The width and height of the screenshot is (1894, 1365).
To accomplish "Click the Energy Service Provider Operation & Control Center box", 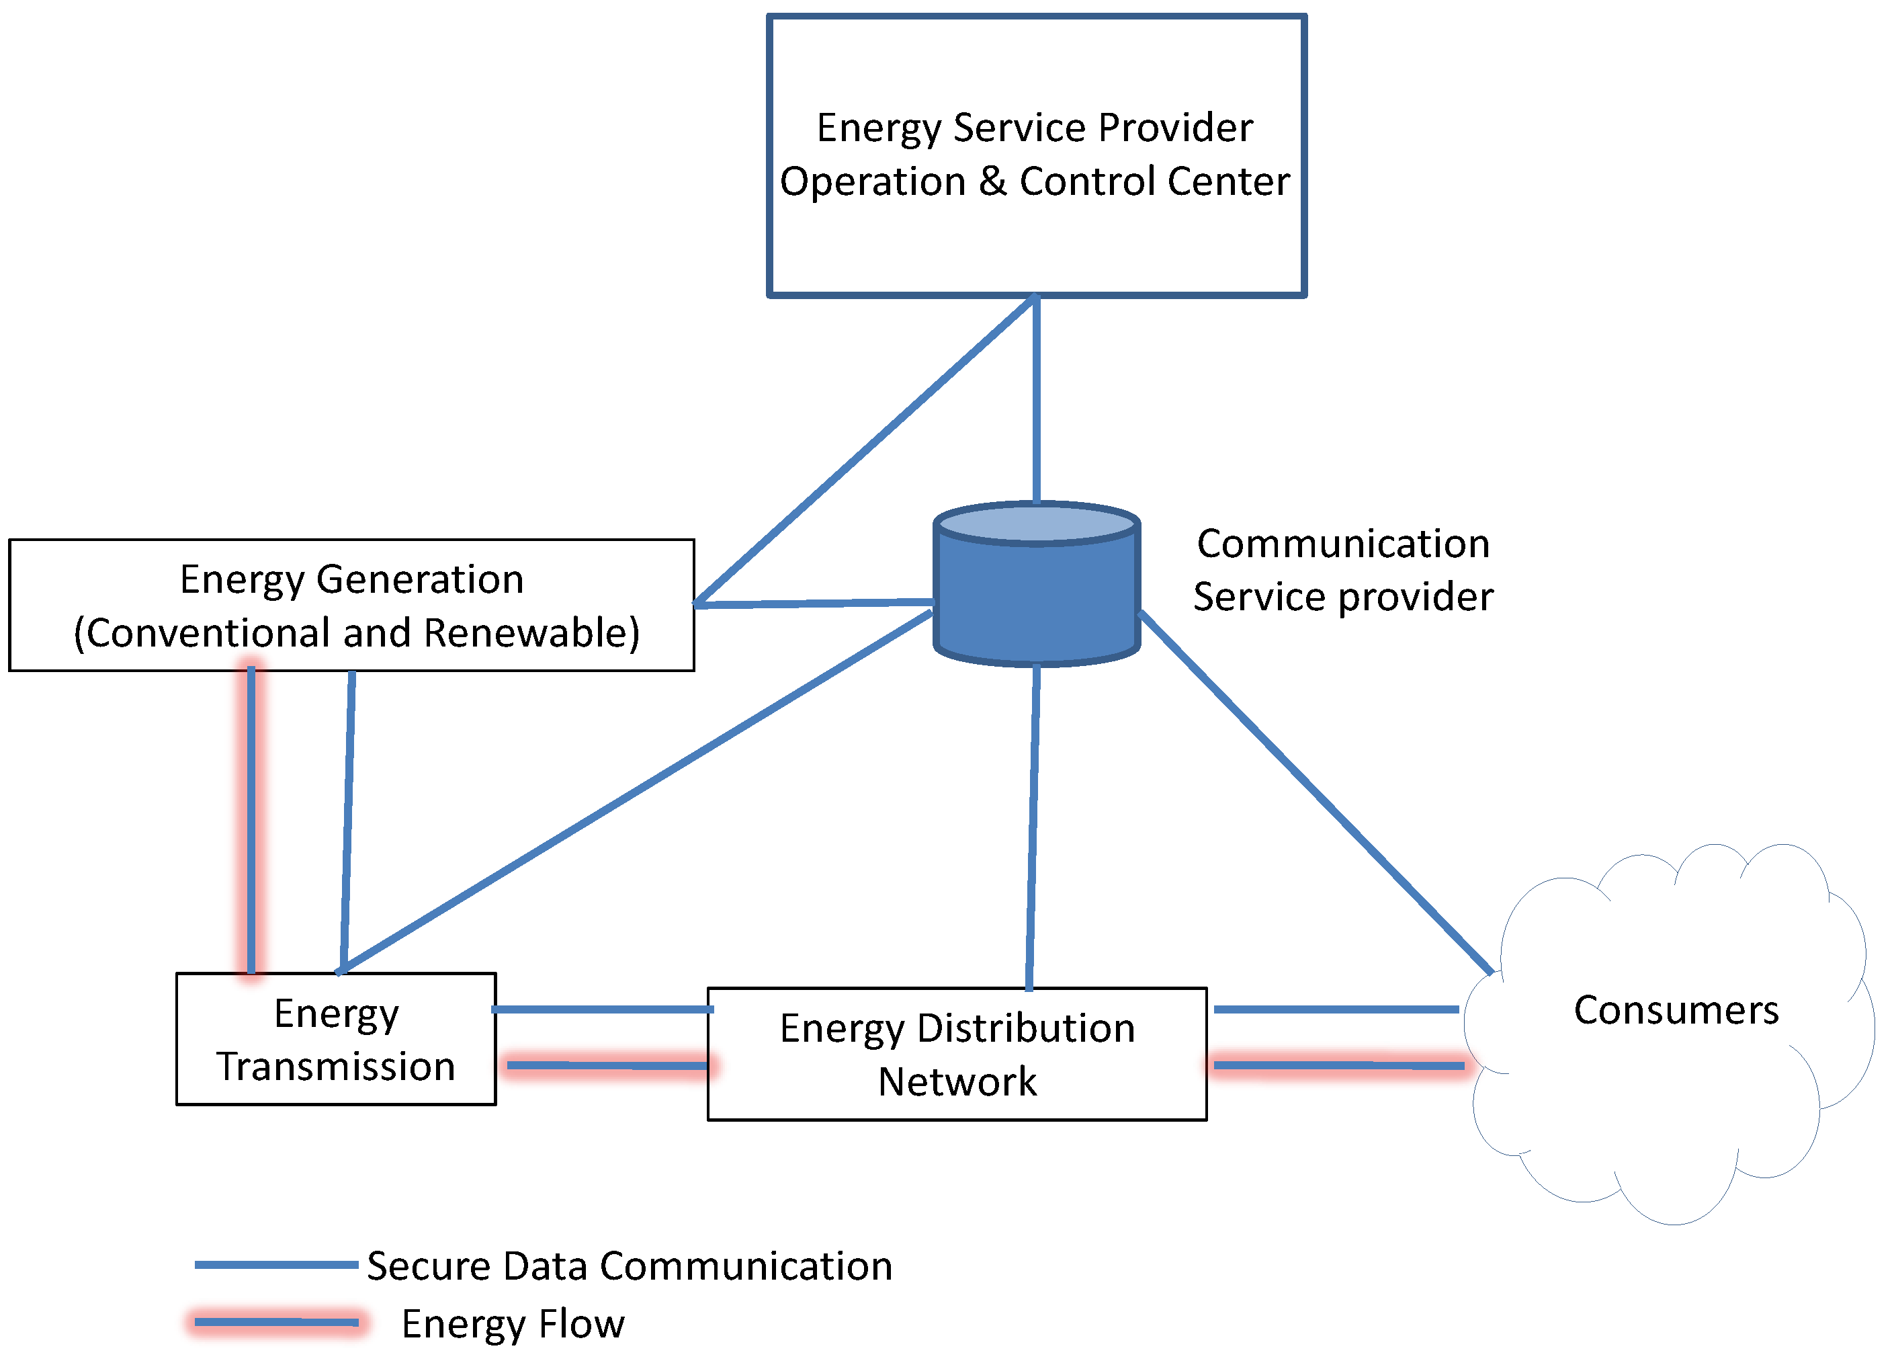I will pyautogui.click(x=1036, y=155).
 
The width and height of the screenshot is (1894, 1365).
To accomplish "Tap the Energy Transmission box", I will pyautogui.click(x=336, y=1039).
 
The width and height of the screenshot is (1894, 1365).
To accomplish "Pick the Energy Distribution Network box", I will pyautogui.click(x=957, y=1054).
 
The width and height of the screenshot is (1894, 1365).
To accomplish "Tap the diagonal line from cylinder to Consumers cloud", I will pyautogui.click(x=1316, y=792).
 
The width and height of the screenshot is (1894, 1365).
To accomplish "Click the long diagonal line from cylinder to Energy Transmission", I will pyautogui.click(x=635, y=790).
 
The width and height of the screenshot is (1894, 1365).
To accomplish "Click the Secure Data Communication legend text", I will pyautogui.click(x=630, y=1266).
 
